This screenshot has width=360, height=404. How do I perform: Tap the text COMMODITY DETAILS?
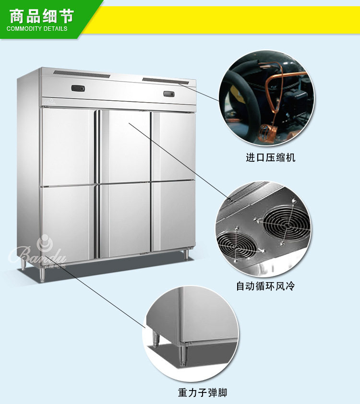[37, 29]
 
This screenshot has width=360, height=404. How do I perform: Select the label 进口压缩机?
[271, 158]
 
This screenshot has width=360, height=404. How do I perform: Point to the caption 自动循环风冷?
[265, 286]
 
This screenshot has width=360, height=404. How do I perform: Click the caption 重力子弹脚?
[202, 393]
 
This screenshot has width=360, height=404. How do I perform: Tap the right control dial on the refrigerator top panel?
[169, 94]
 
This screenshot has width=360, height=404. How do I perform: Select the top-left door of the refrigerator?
[67, 146]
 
